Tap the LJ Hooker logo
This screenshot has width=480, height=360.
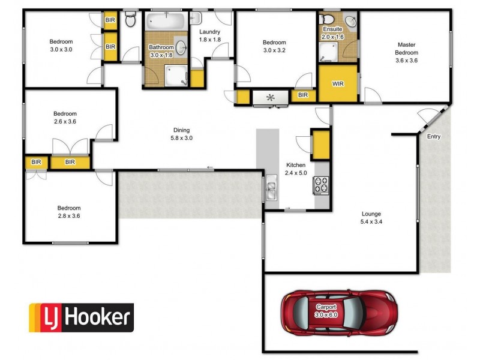coord(82,318)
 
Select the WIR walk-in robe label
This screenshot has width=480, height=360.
coord(338,83)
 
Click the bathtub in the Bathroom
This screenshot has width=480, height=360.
coord(166,21)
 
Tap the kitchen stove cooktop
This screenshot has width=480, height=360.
coord(321,185)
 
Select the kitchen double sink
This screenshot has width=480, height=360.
coord(271,187)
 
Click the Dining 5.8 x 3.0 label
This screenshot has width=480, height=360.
coord(182,134)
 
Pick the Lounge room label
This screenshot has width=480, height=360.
coord(371,218)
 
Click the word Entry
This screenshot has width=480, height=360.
coord(434,137)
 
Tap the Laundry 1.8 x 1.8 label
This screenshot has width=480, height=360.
coord(209,35)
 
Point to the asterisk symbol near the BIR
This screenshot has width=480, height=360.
coord(271,98)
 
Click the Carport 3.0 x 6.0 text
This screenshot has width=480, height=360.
coord(326,311)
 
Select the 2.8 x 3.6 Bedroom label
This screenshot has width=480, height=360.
coord(69,212)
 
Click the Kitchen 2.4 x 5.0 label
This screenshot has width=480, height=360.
coord(296,169)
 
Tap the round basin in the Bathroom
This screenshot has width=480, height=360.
coord(181,47)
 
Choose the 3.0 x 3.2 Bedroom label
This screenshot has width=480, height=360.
coord(274,46)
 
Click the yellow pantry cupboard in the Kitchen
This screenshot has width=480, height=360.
coord(320,145)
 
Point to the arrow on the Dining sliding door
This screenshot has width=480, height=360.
coord(210,167)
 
